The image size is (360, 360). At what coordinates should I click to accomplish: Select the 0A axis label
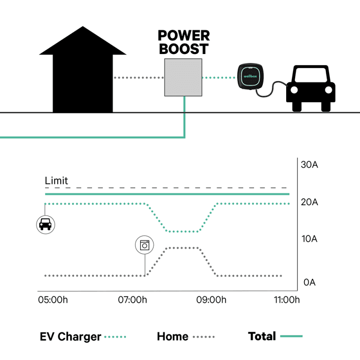(310, 283)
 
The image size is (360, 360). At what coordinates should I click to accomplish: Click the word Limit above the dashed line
(56, 181)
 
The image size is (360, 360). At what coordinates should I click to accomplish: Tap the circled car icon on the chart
(45, 224)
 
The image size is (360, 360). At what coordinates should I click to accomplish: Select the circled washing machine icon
(144, 245)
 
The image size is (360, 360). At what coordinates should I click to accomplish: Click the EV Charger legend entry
(70, 337)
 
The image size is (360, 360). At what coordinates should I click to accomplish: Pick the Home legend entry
(172, 337)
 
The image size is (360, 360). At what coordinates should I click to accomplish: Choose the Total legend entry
(262, 336)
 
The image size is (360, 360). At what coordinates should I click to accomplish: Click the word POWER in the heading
(184, 36)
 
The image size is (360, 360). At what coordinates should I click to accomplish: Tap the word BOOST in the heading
(184, 49)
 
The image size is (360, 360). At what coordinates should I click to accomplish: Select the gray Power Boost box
(183, 78)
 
